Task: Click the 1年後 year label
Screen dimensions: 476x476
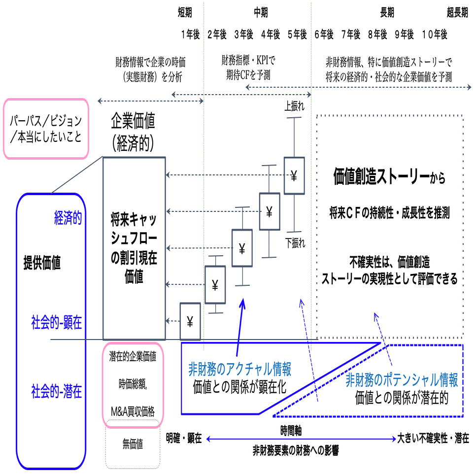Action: click(190, 34)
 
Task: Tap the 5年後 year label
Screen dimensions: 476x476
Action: click(297, 34)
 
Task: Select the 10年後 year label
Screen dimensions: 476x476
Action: click(435, 34)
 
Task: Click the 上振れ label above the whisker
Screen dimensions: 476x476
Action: click(294, 105)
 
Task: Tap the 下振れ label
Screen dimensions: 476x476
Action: click(295, 242)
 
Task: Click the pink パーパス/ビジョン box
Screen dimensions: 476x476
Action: click(46, 129)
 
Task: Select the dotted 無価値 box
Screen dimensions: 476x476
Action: click(133, 444)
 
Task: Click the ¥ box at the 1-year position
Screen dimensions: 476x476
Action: click(190, 321)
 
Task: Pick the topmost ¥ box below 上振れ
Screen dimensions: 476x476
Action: click(294, 176)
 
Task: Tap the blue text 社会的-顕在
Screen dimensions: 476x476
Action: click(55, 323)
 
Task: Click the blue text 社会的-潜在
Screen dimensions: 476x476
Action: click(55, 393)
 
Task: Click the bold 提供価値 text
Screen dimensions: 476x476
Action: click(42, 264)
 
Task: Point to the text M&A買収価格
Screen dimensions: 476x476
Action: click(133, 408)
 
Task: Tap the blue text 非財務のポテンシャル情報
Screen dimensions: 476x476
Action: click(402, 380)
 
